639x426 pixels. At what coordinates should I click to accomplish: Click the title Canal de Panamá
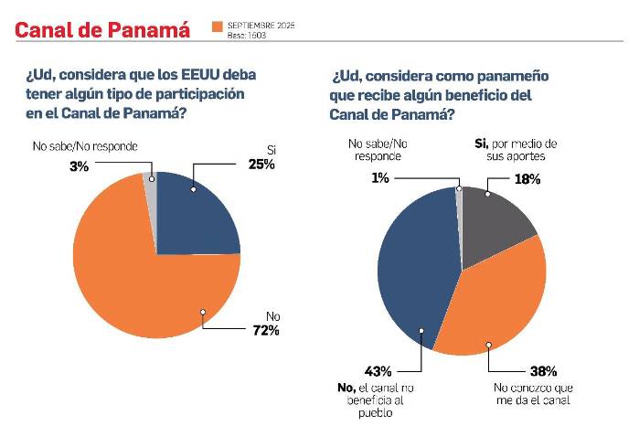click(x=101, y=29)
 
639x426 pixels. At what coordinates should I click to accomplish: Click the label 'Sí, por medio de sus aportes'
click(x=517, y=150)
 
